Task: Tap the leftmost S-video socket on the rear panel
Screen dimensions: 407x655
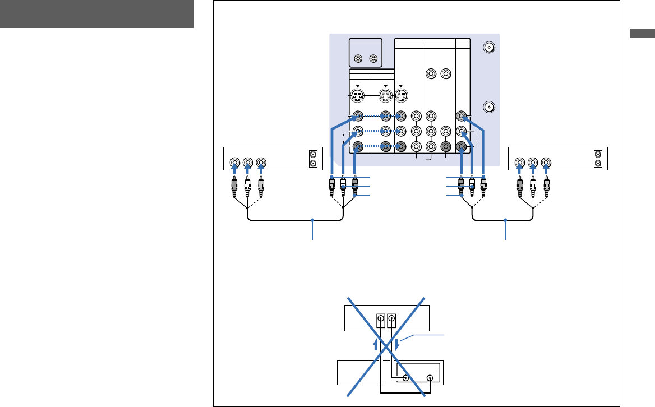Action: (x=357, y=95)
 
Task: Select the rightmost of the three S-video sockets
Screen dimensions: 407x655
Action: (x=401, y=95)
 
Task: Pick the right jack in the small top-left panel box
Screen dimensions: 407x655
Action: (x=374, y=58)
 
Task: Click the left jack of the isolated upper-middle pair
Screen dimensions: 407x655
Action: (x=431, y=73)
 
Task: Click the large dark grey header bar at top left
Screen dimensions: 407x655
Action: (x=97, y=14)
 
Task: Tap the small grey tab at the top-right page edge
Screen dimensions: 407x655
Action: (x=642, y=33)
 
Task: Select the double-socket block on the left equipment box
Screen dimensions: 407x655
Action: (x=313, y=159)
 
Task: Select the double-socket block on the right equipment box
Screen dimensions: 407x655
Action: (x=598, y=159)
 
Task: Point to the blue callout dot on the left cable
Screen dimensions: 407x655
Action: (x=313, y=220)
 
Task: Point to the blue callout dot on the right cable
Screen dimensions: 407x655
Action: (x=505, y=220)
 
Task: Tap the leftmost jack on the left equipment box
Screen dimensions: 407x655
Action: (x=234, y=164)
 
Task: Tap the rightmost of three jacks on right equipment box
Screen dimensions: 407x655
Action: (x=546, y=164)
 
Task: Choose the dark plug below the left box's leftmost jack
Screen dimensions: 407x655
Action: (x=234, y=187)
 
